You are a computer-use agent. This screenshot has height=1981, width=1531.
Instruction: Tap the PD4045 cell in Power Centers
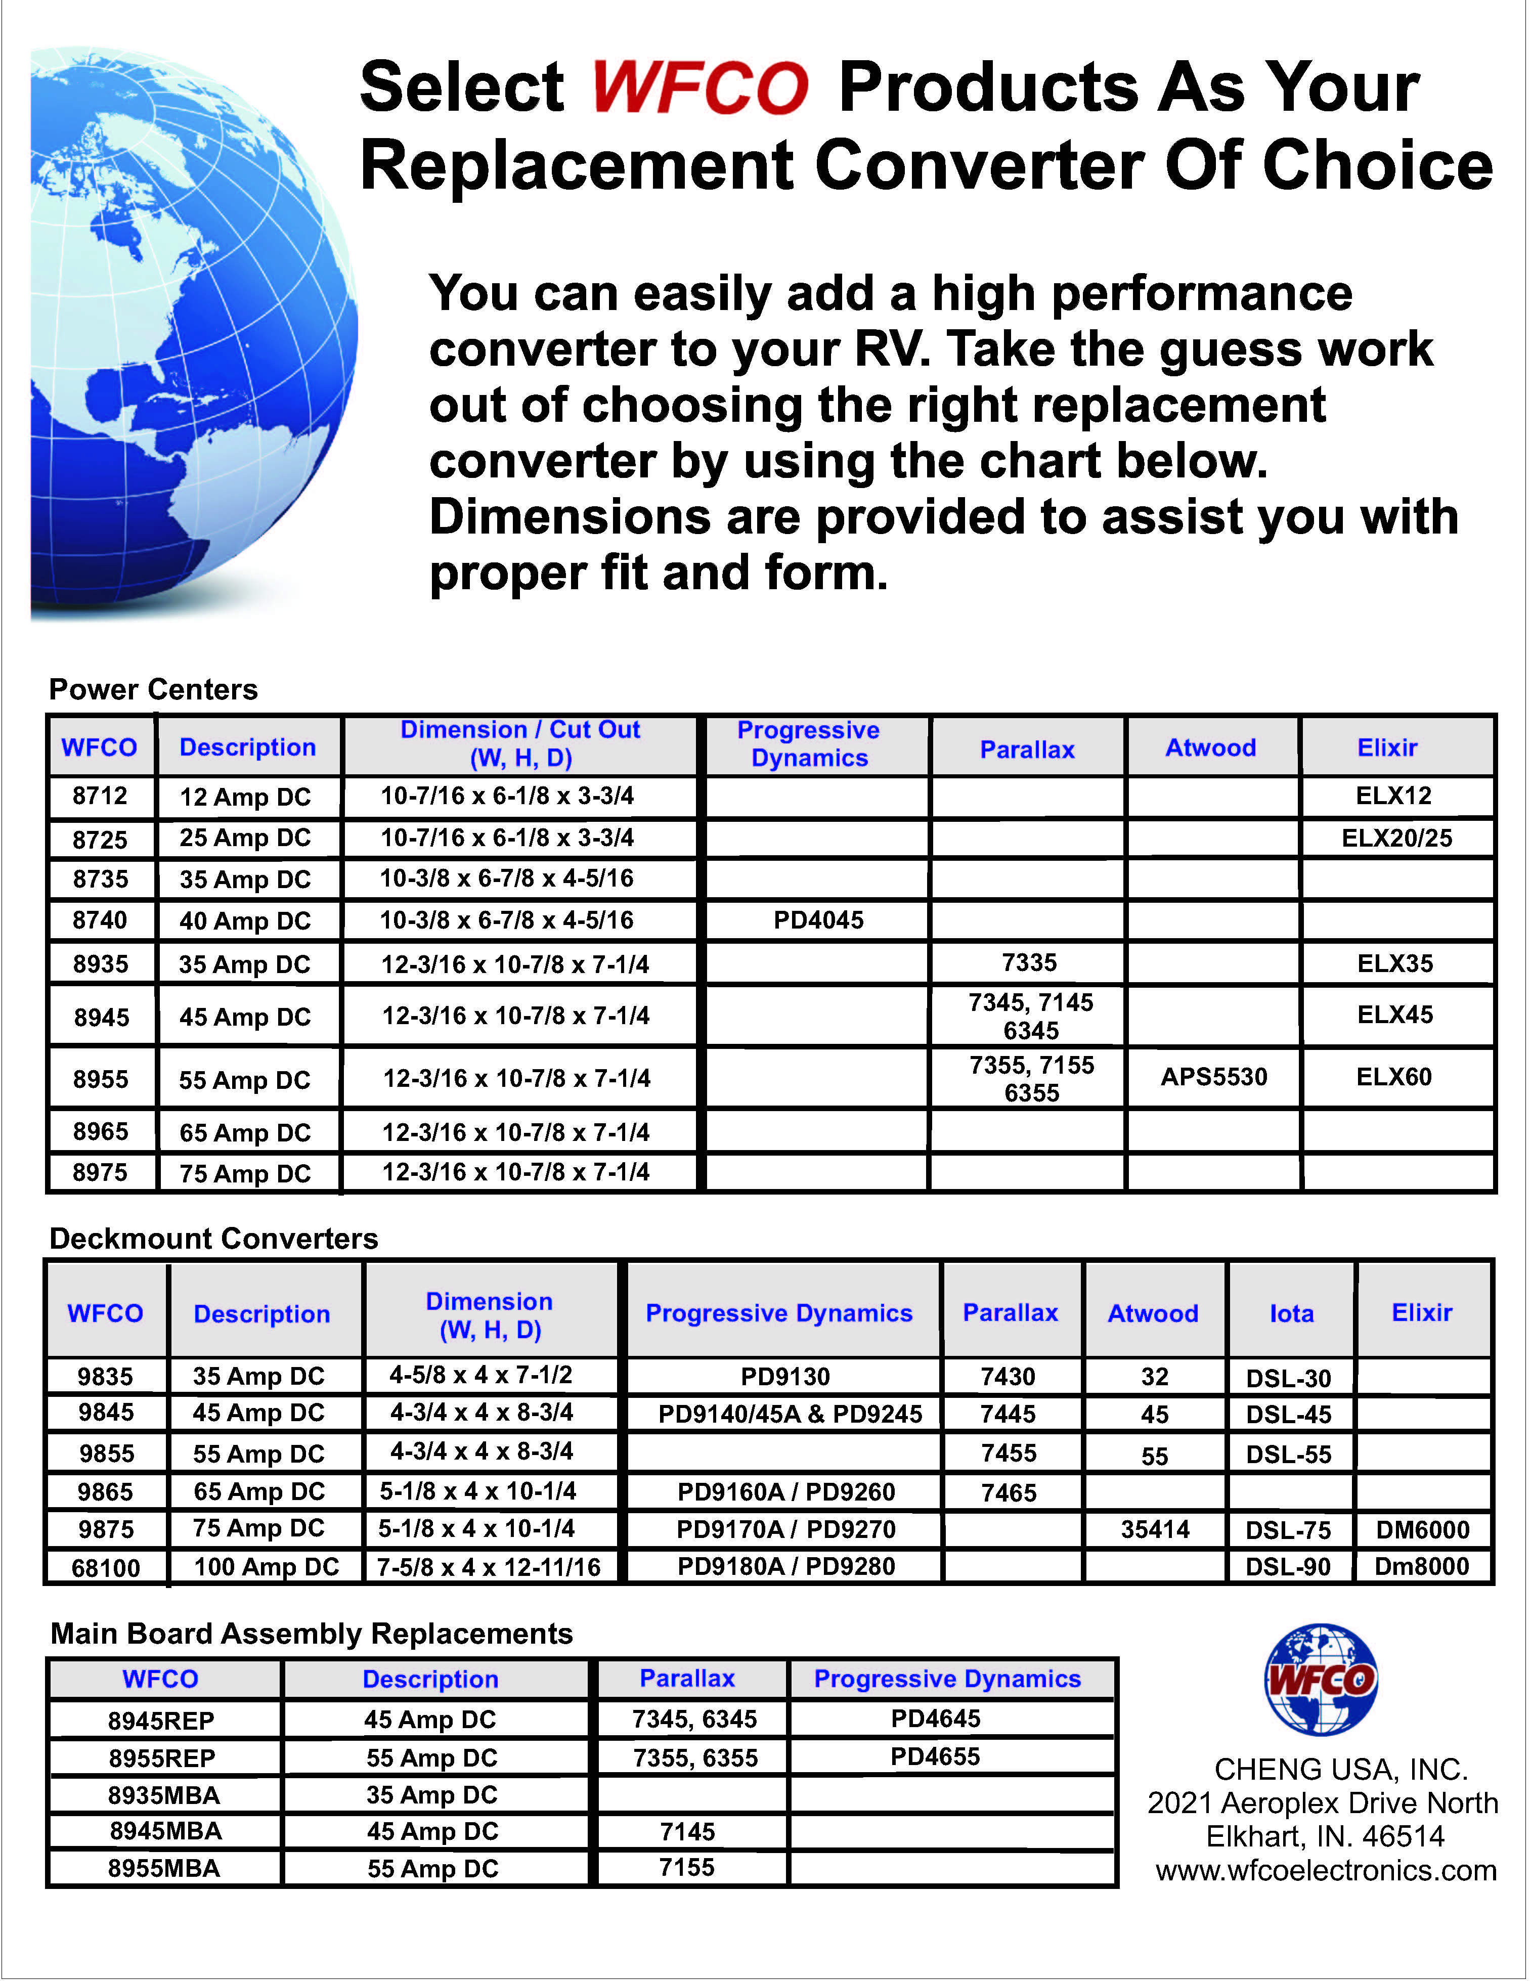(x=818, y=920)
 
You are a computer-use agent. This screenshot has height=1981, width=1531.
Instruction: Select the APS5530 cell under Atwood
(x=1213, y=1078)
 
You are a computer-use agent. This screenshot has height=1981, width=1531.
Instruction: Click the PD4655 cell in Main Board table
(x=935, y=1757)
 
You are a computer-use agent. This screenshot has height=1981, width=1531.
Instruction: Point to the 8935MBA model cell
(x=164, y=1795)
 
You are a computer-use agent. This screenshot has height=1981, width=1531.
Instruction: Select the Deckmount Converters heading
(x=213, y=1239)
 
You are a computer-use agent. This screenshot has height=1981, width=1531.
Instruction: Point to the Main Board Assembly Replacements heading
(x=311, y=1634)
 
